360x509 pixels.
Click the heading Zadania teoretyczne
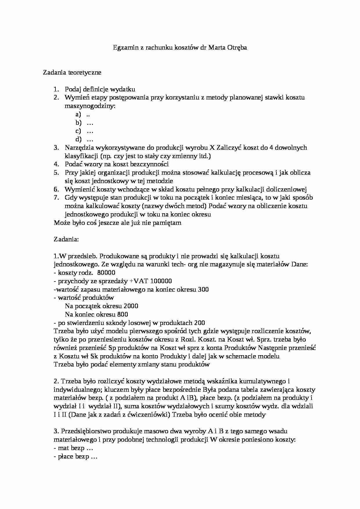click(72, 73)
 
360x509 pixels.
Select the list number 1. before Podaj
click(56, 89)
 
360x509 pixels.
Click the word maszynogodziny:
click(90, 106)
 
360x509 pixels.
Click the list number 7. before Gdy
click(56, 198)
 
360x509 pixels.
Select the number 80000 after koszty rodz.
click(106, 273)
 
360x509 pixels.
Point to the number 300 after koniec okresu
click(203, 290)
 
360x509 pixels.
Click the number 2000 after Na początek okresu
click(131, 306)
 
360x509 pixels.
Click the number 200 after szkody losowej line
click(199, 323)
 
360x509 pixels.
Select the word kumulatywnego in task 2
click(263, 381)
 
